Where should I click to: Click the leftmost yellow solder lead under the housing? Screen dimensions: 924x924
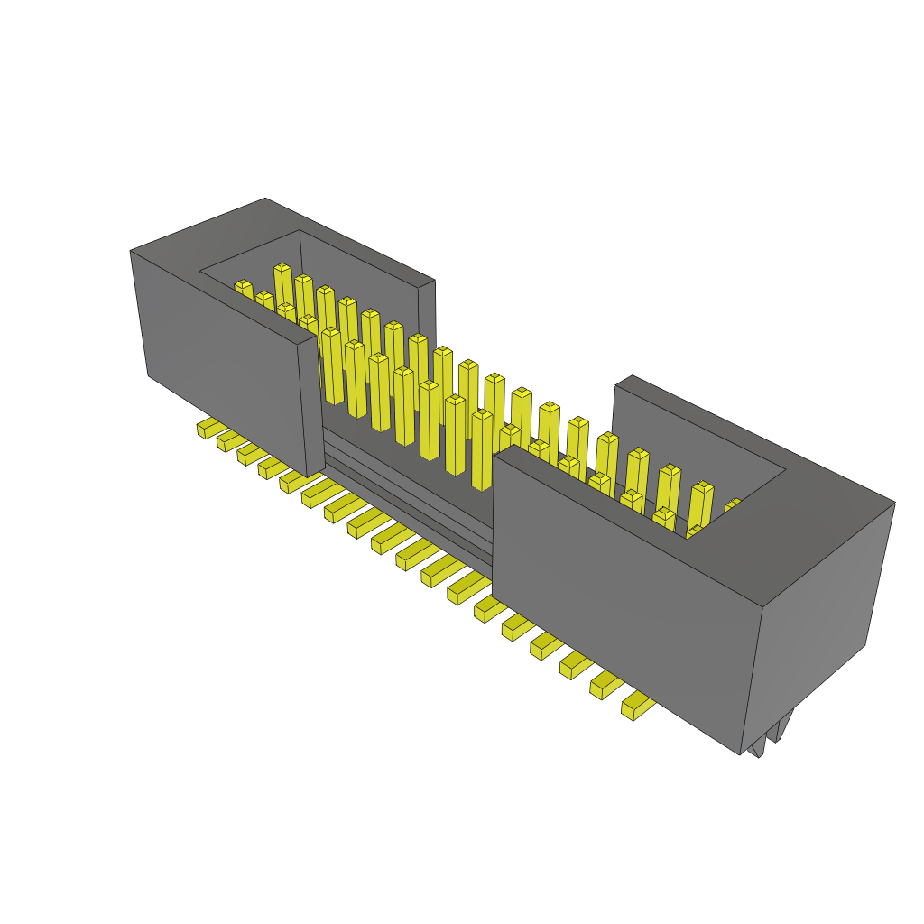click(x=208, y=428)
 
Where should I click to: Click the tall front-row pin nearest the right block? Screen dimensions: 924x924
click(x=483, y=449)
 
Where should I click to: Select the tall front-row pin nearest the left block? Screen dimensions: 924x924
click(x=331, y=365)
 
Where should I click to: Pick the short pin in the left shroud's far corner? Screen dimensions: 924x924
click(x=244, y=291)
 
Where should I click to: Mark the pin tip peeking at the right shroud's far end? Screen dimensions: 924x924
click(x=732, y=505)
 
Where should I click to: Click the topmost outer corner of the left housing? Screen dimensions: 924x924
click(x=265, y=199)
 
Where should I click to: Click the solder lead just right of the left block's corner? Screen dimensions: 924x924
click(x=318, y=492)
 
